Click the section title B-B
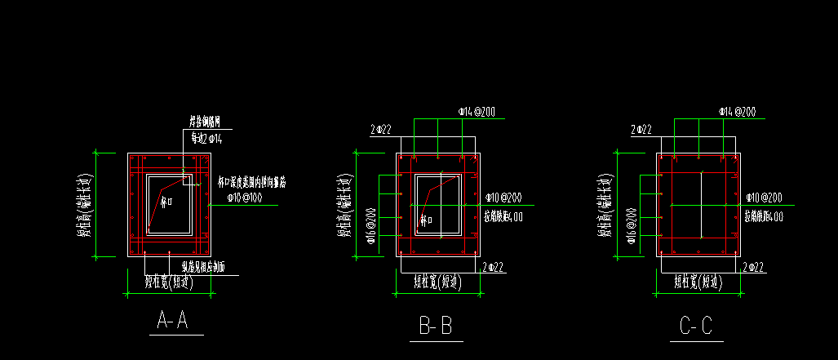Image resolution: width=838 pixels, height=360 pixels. (436, 327)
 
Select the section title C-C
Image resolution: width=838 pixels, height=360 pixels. (696, 327)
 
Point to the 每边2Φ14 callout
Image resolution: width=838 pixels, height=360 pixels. (206, 139)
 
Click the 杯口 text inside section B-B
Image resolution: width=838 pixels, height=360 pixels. (426, 219)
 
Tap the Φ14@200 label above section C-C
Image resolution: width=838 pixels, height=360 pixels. (738, 111)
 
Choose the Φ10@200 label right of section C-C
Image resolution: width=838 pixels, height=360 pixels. (764, 198)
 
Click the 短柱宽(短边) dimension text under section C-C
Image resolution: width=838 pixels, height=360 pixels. (697, 283)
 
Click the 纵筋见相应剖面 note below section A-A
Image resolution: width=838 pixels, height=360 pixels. (203, 267)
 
